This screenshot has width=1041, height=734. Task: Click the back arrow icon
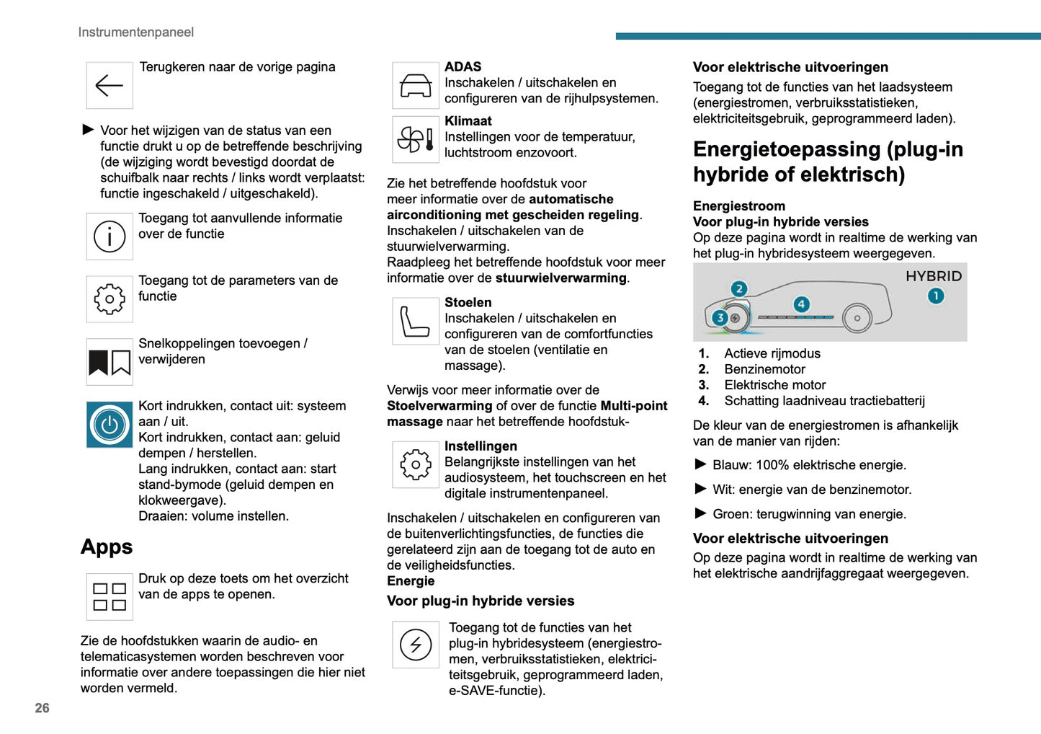click(x=110, y=86)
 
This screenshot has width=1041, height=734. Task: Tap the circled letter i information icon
click(x=110, y=236)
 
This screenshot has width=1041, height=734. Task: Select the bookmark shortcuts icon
click(x=110, y=362)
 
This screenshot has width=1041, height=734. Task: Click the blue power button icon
click(x=110, y=425)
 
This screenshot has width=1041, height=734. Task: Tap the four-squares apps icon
click(x=110, y=597)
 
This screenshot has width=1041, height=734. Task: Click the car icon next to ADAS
click(x=416, y=86)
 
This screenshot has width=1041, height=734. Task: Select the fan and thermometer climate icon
click(x=416, y=139)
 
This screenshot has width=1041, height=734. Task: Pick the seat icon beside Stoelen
click(x=416, y=322)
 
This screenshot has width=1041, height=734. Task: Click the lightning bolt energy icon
click(x=416, y=645)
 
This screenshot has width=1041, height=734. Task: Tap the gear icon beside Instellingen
click(x=416, y=465)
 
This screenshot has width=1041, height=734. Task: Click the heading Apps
click(x=107, y=547)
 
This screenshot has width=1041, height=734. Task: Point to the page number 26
click(x=43, y=708)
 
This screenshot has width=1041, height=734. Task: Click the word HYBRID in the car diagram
click(x=934, y=276)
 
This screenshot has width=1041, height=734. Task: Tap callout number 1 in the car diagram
click(x=936, y=296)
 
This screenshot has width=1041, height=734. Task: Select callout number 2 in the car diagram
click(x=739, y=289)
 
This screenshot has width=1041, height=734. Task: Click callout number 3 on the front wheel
click(x=719, y=317)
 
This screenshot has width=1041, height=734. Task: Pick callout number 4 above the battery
click(x=801, y=304)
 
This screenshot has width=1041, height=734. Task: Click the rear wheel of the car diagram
click(x=857, y=318)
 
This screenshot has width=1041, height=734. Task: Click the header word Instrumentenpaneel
click(x=136, y=32)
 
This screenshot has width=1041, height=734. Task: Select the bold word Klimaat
click(x=468, y=121)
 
